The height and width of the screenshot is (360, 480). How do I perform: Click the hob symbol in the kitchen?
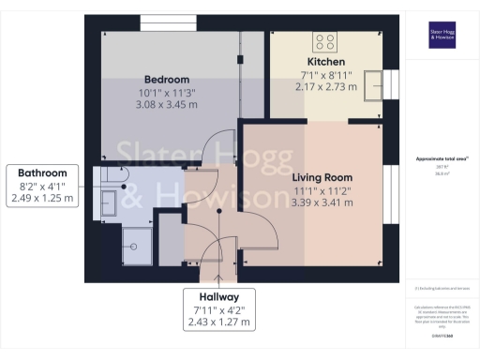click(x=325, y=40)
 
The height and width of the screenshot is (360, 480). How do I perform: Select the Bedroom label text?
click(x=167, y=79)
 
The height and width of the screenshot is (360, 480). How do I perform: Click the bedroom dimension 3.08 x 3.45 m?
click(x=167, y=105)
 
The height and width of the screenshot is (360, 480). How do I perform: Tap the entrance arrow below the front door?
click(x=218, y=277)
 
